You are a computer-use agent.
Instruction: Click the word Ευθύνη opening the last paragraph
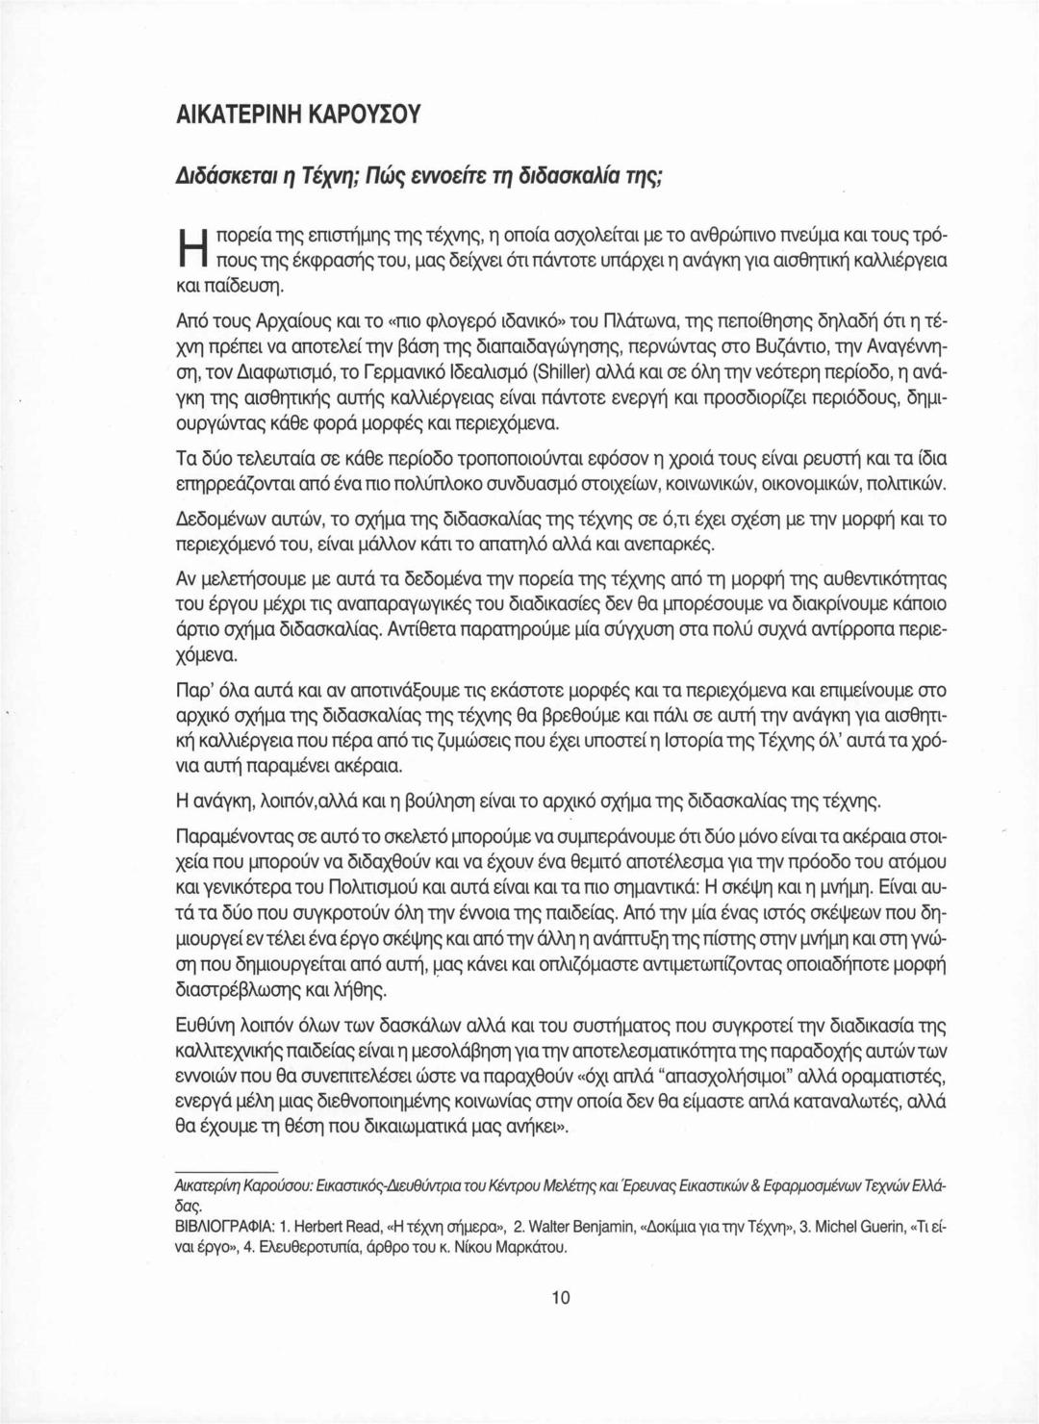[210, 1025]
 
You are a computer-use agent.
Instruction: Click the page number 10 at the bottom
[562, 1297]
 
